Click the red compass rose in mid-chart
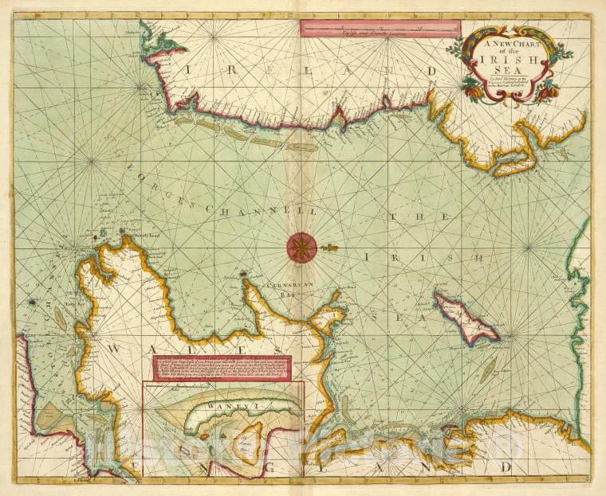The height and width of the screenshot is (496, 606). (x=301, y=246)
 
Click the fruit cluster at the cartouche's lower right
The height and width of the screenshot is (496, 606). (x=547, y=92)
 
